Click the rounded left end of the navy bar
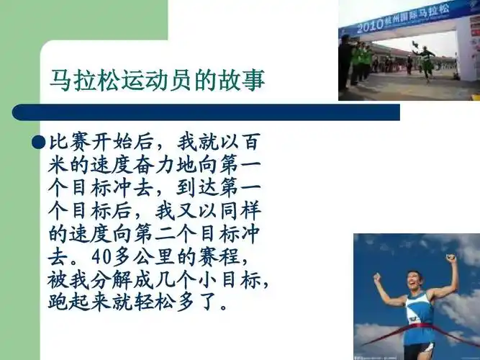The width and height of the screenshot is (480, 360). [18, 112]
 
